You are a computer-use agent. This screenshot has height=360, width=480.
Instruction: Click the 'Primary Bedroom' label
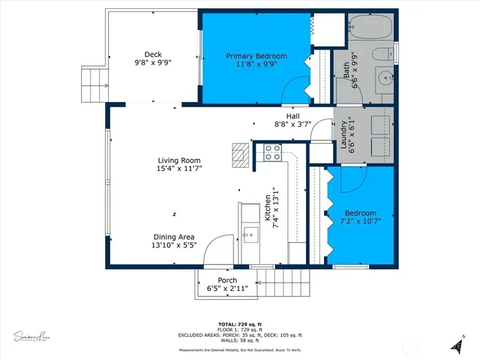tap(256, 56)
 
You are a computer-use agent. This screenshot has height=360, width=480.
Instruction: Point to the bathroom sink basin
tap(383, 77)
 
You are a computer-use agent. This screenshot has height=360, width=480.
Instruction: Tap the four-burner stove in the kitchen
tap(271, 154)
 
